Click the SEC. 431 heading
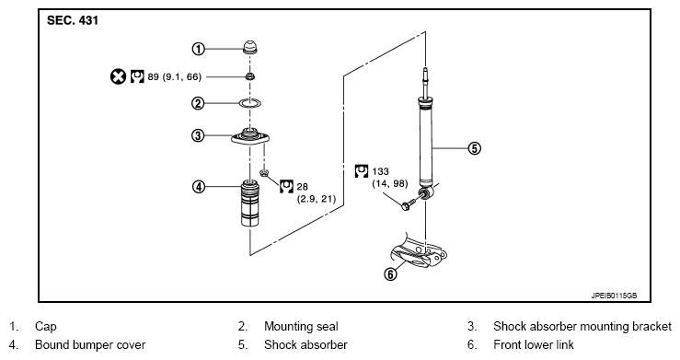point(73,20)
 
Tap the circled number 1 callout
point(198,49)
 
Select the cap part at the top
point(249,47)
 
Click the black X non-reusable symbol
point(118,76)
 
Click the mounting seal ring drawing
point(250,103)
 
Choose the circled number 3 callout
point(198,135)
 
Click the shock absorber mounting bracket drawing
point(250,136)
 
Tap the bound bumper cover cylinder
point(249,203)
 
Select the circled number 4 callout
point(199,187)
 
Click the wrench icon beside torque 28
point(286,186)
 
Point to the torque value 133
point(380,172)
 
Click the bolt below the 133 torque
point(410,203)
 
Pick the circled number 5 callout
point(475,148)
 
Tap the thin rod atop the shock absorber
point(425,83)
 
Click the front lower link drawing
point(420,253)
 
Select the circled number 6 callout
point(391,274)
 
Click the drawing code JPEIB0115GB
point(614,296)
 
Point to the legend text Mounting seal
point(301,326)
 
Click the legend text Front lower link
point(534,345)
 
